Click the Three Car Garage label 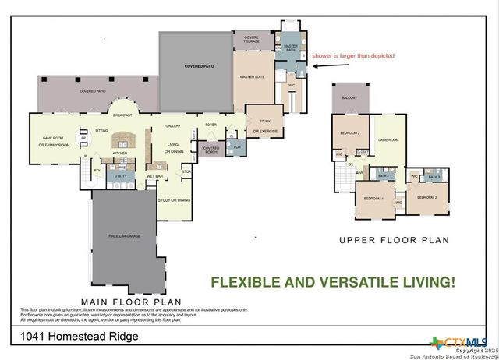click(x=123, y=235)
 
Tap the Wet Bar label click(x=154, y=176)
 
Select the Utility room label click(x=121, y=177)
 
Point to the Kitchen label click(x=120, y=153)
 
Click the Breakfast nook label click(x=121, y=115)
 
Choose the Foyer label click(x=211, y=125)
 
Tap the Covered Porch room click(x=211, y=148)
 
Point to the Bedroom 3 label click(x=426, y=198)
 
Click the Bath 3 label click(x=434, y=177)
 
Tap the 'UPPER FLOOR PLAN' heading click(x=394, y=241)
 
